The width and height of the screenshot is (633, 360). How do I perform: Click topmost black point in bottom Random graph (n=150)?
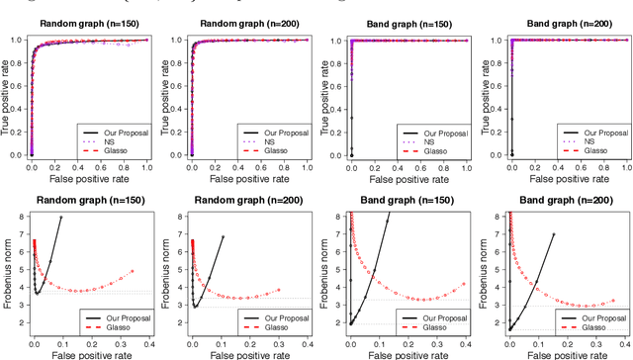click(x=61, y=217)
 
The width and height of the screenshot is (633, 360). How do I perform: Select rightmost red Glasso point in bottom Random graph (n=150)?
click(x=132, y=271)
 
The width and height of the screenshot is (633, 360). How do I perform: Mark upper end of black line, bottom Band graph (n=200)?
click(x=553, y=234)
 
